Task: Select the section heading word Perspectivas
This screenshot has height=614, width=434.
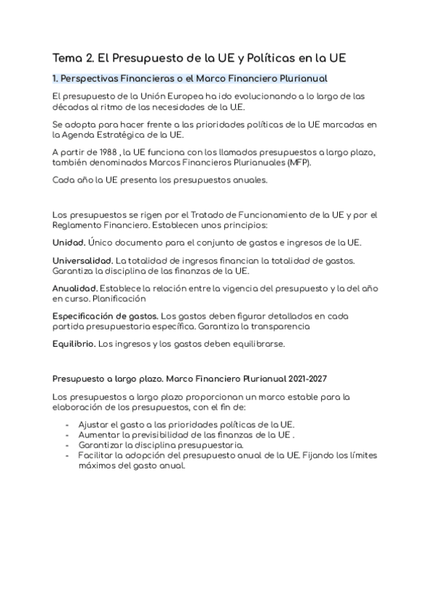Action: click(94, 77)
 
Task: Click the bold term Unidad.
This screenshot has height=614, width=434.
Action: click(69, 242)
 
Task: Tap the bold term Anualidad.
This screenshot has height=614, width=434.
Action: click(75, 288)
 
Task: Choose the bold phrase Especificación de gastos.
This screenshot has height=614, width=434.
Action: click(106, 316)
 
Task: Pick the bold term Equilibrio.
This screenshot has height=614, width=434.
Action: click(74, 344)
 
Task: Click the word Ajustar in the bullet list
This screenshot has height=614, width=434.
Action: click(93, 424)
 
